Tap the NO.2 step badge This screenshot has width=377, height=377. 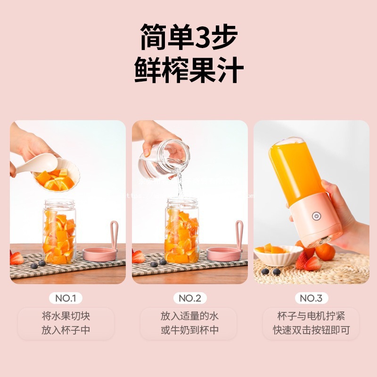[190, 298]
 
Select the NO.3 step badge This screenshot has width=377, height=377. [311, 298]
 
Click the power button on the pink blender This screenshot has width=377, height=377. [316, 217]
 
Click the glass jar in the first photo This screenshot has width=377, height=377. [59, 231]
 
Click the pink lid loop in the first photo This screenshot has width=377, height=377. [114, 233]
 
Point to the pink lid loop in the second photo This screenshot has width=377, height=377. [238, 233]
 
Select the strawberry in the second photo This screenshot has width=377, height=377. [139, 256]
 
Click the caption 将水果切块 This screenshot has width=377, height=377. [66, 315]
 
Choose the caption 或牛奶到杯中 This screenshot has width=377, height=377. [190, 330]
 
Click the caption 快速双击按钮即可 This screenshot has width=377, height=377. [311, 330]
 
